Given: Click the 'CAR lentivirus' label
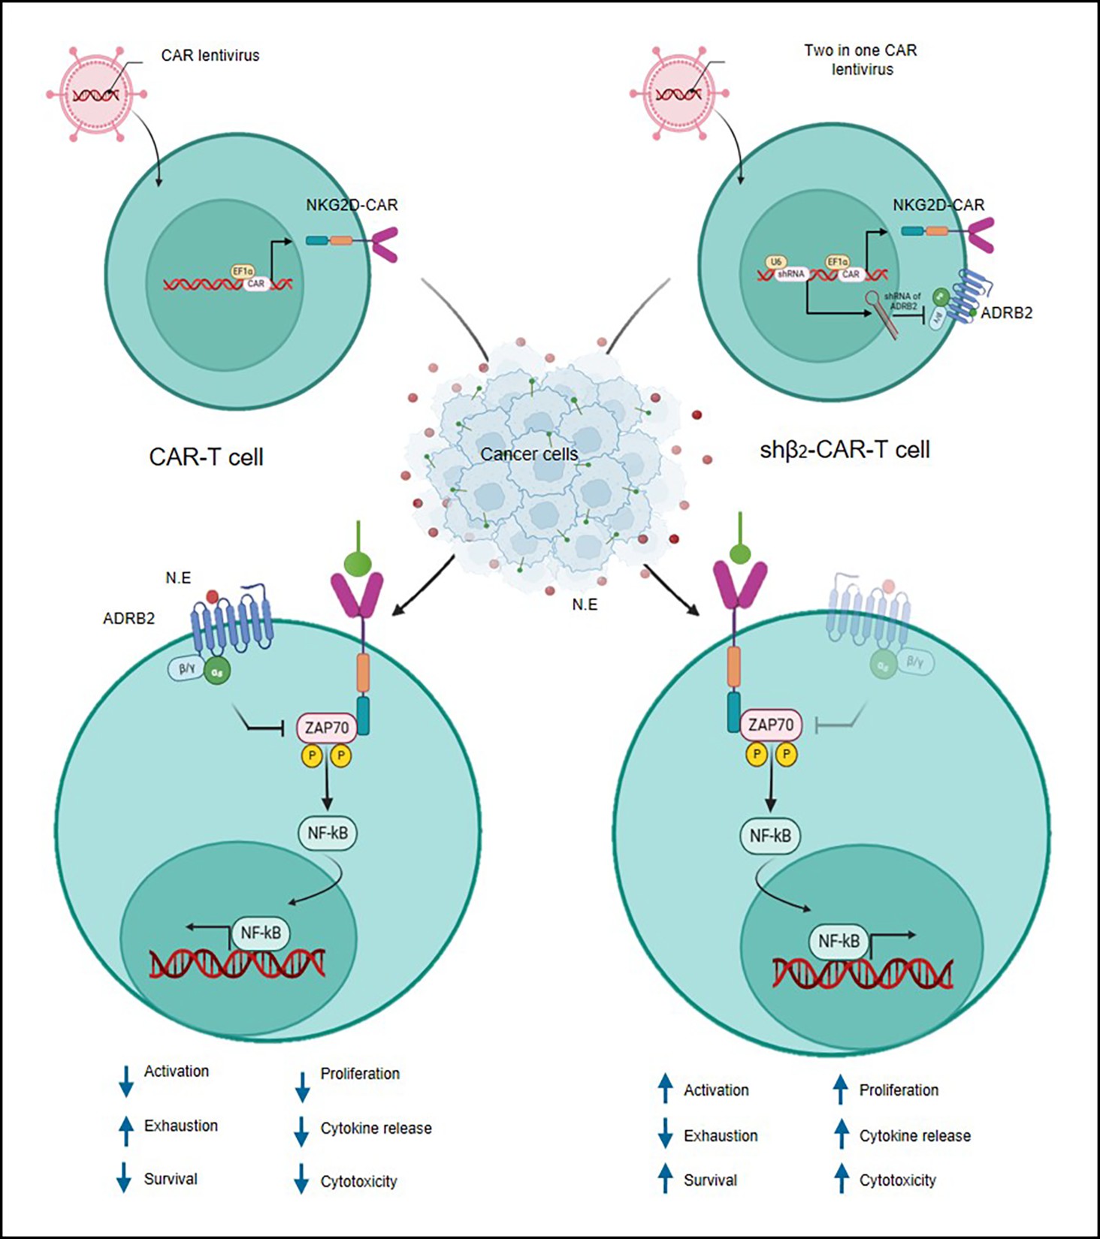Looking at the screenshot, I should click(210, 56).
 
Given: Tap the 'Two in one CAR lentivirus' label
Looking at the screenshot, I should click(861, 60).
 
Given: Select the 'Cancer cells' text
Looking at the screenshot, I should click(529, 454).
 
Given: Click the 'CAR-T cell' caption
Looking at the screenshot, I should click(206, 457).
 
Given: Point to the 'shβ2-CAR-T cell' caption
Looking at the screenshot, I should click(845, 450).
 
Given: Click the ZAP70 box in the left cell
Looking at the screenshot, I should click(327, 728).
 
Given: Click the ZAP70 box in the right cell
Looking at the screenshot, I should click(771, 725).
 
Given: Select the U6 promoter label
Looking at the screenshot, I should click(776, 262).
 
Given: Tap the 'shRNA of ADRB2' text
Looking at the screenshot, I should click(902, 301).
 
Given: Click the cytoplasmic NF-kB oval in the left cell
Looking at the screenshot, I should click(328, 833).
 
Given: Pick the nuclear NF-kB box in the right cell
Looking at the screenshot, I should click(839, 942).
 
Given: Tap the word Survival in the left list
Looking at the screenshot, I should click(171, 1179).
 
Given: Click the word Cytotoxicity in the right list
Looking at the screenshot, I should click(898, 1180).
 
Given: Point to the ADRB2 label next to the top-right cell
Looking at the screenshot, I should click(1006, 313).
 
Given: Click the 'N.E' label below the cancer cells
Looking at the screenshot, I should click(585, 604).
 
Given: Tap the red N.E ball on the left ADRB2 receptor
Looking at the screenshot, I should click(212, 596).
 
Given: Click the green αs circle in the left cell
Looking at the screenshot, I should click(216, 672).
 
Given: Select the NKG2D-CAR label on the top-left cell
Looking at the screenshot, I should click(352, 205).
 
